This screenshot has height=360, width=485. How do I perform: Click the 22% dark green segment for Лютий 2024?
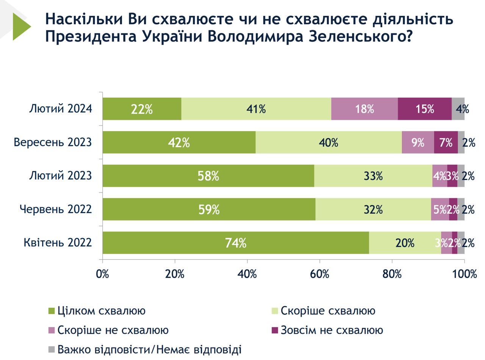[x=142, y=109]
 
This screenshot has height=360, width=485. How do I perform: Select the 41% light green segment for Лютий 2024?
[x=256, y=109]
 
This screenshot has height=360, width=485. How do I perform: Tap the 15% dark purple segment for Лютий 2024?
[x=424, y=109]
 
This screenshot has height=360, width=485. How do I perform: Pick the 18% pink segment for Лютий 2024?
[x=365, y=109]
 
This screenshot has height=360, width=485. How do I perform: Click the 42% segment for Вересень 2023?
[x=179, y=142]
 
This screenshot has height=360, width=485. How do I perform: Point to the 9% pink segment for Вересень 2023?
[x=418, y=142]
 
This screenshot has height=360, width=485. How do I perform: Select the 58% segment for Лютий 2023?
[x=208, y=176]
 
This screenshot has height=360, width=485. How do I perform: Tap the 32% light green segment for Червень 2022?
[x=373, y=209]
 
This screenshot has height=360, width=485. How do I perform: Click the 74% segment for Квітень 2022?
[x=236, y=243]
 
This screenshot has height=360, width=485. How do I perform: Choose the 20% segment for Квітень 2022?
[x=405, y=243]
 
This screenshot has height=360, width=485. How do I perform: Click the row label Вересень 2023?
[x=53, y=142]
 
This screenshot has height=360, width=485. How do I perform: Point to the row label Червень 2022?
[x=56, y=209]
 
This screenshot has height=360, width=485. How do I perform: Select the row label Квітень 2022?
[x=58, y=243]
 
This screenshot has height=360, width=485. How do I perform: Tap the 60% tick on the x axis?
[x=319, y=274]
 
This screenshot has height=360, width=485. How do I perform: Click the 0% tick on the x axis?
[x=103, y=274]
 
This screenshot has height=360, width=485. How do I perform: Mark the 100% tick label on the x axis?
[x=465, y=274]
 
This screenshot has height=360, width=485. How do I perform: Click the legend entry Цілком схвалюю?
[x=101, y=311]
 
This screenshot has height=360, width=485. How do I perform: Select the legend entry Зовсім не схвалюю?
[x=332, y=330]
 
